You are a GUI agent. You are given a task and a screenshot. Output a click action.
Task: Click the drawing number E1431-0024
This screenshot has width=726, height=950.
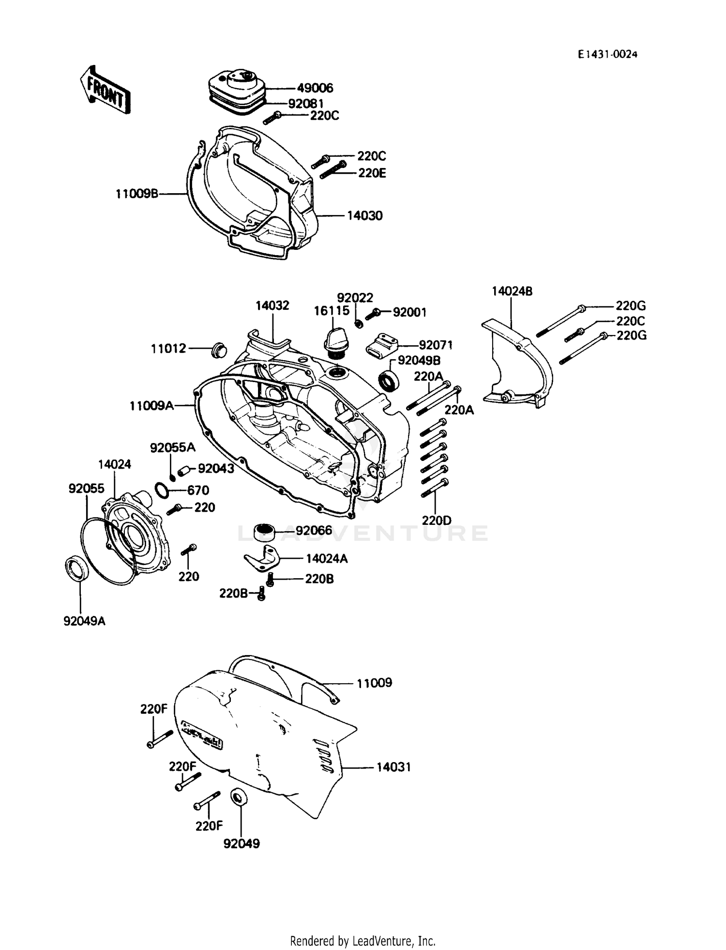[x=607, y=55]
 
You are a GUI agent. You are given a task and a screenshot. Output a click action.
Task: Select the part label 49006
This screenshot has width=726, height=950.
[x=315, y=88]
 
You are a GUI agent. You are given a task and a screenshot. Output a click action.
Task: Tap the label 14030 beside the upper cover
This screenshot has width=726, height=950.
[x=364, y=216]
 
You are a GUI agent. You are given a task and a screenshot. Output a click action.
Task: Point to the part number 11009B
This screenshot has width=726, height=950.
[x=137, y=194]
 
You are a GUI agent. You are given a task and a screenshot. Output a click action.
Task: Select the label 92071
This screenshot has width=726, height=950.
[x=436, y=345]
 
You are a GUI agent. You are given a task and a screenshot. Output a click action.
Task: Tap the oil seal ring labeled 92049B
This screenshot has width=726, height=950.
[x=388, y=381]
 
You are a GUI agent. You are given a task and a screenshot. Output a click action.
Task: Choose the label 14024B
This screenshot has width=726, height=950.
[x=512, y=291]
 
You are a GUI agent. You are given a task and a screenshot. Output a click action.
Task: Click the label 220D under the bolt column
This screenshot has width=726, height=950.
[x=436, y=521]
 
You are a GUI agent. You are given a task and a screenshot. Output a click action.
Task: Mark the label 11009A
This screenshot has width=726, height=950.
[x=151, y=406]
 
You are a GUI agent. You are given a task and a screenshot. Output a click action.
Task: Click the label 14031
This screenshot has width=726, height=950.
[x=393, y=767]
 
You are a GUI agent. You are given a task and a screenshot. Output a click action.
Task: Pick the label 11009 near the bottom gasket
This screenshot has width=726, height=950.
[x=374, y=683]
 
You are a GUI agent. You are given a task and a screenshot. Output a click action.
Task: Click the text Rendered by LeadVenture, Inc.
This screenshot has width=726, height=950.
[x=363, y=941]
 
